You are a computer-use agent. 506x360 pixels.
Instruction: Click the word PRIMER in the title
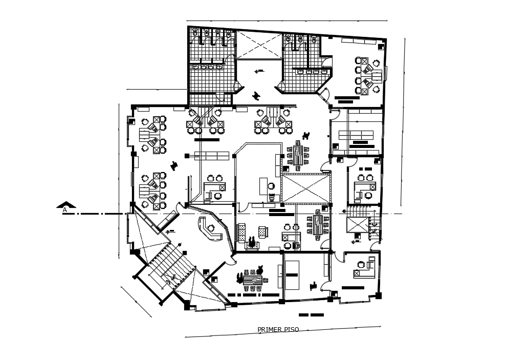[268, 330]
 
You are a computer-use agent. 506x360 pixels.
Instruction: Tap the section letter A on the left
[65, 210]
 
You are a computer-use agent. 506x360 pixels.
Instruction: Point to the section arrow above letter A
[66, 204]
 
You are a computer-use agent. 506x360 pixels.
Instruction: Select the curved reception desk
[209, 230]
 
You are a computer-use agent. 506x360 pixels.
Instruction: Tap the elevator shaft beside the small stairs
[357, 224]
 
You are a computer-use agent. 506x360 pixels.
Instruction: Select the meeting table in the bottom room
[253, 280]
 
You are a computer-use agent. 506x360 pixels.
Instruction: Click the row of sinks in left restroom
[208, 67]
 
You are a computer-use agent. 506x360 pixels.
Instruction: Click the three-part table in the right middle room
[356, 135]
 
